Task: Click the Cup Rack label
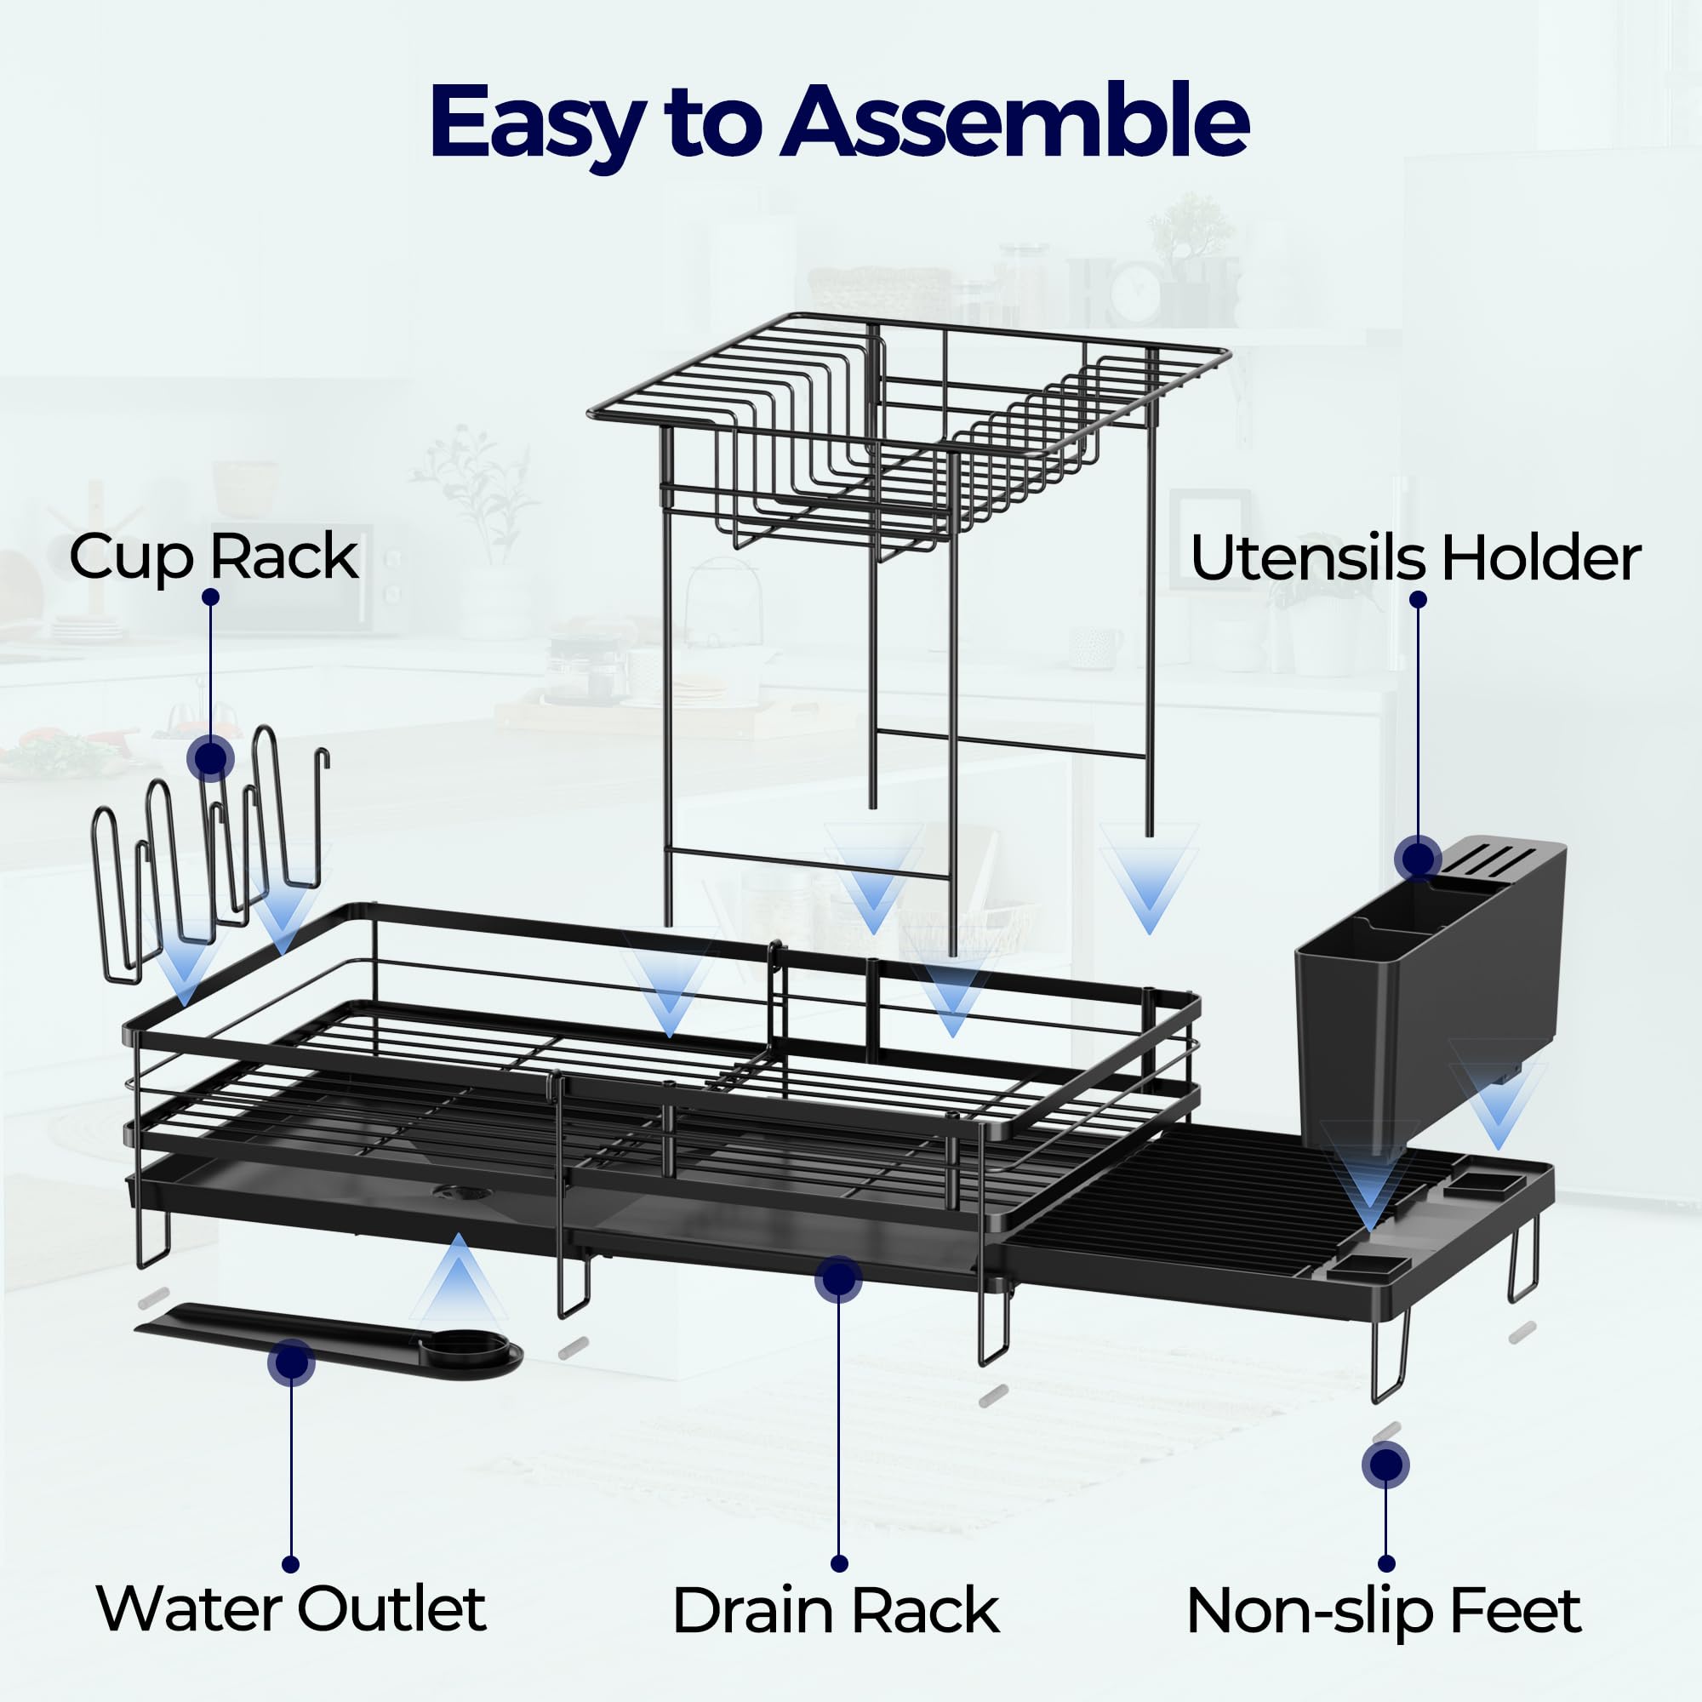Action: (214, 557)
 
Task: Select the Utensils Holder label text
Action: (1415, 558)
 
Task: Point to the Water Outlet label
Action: (291, 1608)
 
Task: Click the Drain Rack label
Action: (835, 1610)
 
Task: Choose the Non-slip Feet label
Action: (1383, 1610)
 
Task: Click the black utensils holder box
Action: (1427, 996)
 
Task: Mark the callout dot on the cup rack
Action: (210, 757)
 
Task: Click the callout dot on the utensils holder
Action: (1418, 857)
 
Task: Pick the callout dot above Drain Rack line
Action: (837, 1279)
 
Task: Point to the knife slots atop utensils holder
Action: (1498, 856)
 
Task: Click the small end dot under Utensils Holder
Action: (1418, 599)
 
